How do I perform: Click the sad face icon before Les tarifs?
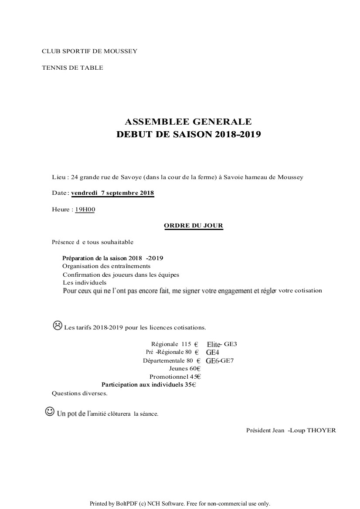(x=57, y=325)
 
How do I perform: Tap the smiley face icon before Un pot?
(x=50, y=411)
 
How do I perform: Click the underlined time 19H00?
(x=85, y=210)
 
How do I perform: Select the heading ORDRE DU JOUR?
(x=194, y=226)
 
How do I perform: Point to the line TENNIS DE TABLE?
(x=72, y=68)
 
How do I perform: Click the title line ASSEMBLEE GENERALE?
(x=188, y=122)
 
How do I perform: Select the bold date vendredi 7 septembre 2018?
(x=112, y=193)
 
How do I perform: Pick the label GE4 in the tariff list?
(x=213, y=352)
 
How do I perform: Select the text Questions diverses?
(x=80, y=393)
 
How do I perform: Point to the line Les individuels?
(x=85, y=282)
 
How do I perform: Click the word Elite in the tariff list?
(x=214, y=344)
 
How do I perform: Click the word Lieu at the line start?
(x=58, y=177)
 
